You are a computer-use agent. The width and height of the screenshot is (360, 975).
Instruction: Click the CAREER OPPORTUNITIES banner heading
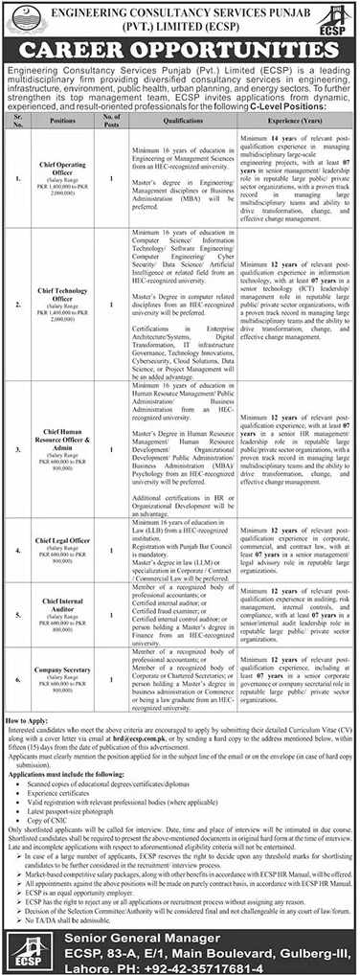point(180,48)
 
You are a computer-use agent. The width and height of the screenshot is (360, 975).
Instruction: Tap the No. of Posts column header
point(113,124)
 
